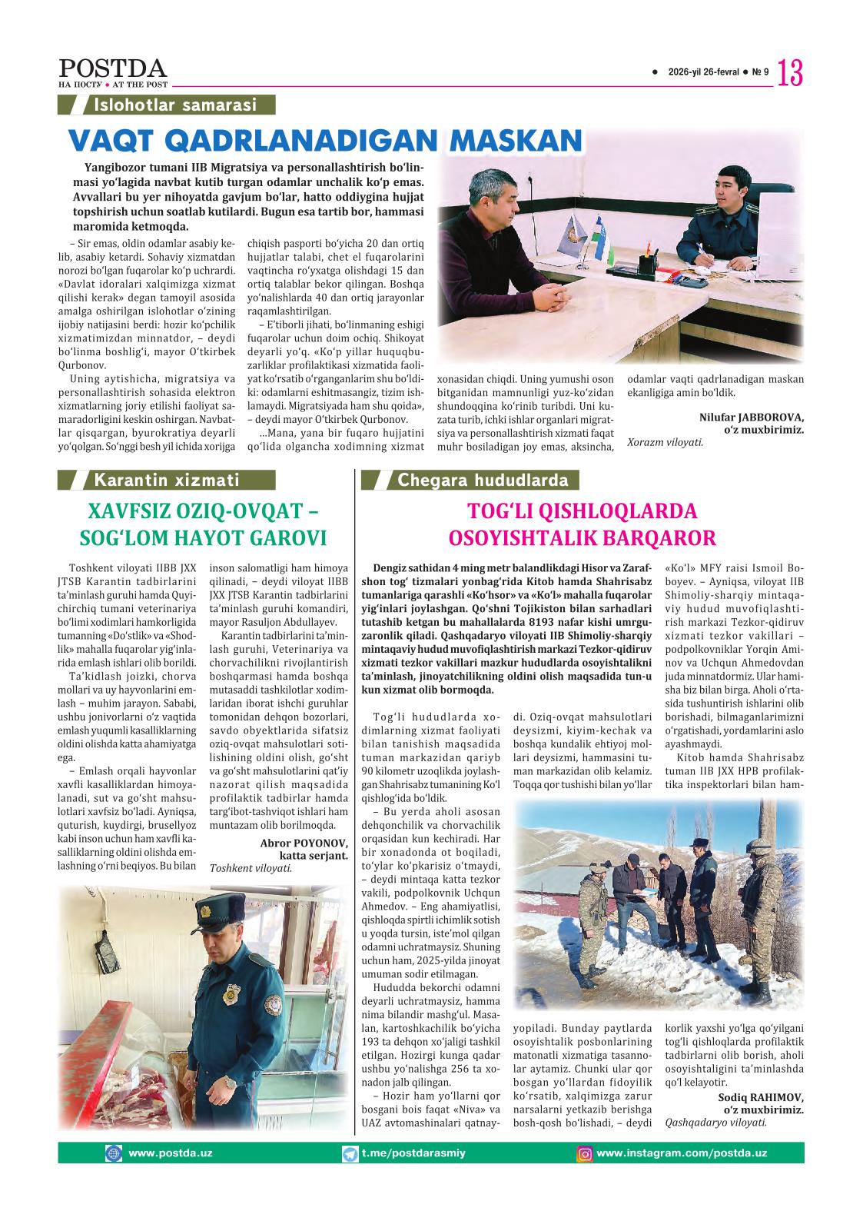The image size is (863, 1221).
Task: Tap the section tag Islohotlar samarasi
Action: point(174,105)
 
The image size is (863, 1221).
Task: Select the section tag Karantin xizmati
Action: point(166,481)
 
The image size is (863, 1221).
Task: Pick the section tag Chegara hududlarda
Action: point(483,481)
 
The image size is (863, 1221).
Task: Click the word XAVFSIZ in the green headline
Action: point(128,511)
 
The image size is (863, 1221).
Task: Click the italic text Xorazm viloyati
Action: point(665,442)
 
